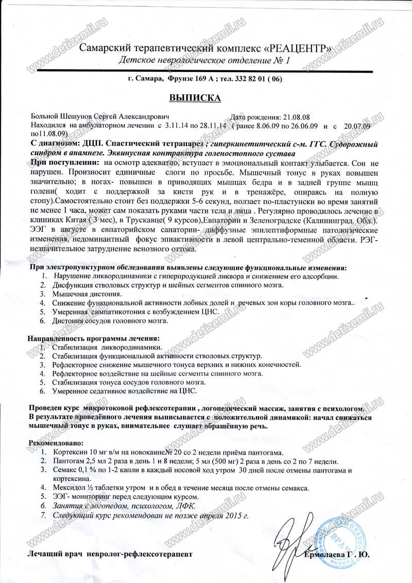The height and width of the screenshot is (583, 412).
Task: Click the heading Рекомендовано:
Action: tap(54, 443)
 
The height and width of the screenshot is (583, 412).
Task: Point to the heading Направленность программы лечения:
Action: tap(93, 338)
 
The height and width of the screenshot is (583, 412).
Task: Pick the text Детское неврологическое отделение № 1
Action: tap(204, 61)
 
